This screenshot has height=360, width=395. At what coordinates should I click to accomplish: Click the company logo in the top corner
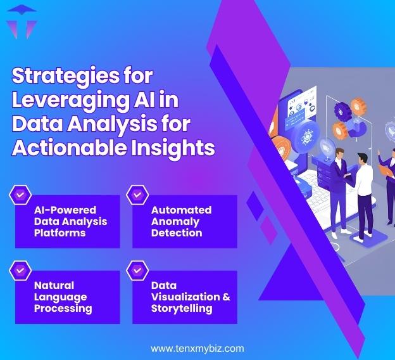21,21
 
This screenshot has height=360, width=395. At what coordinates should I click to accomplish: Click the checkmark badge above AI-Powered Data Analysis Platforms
20,195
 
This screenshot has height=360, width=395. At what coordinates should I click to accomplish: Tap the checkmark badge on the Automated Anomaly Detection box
137,195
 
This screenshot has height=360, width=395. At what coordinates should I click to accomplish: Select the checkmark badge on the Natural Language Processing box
20,271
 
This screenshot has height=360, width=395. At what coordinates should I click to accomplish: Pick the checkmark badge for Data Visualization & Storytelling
137,271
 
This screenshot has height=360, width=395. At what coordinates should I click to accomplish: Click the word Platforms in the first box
60,233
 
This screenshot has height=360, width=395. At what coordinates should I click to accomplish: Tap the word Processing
63,309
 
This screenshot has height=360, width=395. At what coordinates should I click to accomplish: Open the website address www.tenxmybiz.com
197,349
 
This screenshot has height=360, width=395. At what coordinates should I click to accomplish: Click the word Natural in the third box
54,285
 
